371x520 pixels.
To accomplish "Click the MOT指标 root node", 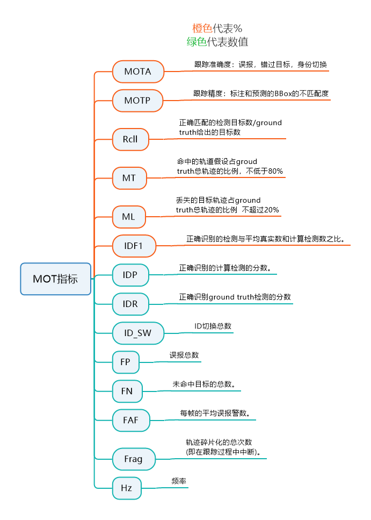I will [55, 279].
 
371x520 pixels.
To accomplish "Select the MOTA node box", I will [137, 72].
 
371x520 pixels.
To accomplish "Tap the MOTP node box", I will [137, 101].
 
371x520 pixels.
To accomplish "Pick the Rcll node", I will [130, 139].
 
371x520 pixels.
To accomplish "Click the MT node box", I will [129, 178].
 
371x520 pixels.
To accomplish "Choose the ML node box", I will [128, 217].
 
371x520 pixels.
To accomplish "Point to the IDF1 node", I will [133, 246].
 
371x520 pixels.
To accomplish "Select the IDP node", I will [130, 275].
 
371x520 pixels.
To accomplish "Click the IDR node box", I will [130, 304].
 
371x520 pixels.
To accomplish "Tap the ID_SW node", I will [137, 333].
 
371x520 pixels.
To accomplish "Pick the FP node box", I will [125, 362].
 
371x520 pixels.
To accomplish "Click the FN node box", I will [127, 391].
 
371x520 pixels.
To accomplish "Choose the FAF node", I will [130, 420].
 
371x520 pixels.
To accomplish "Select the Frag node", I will [133, 459].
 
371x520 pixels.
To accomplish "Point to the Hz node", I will [127, 488].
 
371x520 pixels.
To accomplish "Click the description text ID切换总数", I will [213, 326].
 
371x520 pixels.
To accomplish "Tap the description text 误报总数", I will [184, 355].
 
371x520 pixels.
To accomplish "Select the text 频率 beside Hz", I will [179, 481].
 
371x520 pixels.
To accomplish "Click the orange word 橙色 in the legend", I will [202, 29].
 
